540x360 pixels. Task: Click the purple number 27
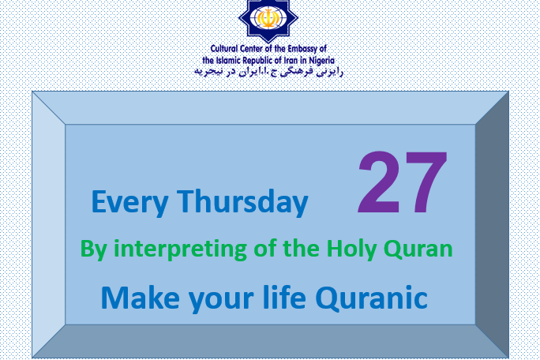point(403,182)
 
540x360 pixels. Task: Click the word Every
point(129,203)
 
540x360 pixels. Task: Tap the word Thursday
point(242,201)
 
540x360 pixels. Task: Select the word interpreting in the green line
point(180,249)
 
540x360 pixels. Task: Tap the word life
point(284,297)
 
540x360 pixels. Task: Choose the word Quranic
point(371,298)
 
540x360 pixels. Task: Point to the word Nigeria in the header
point(321,61)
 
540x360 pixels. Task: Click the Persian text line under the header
point(269,71)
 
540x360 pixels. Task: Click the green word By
point(93,249)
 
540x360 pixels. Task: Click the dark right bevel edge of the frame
point(492,225)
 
